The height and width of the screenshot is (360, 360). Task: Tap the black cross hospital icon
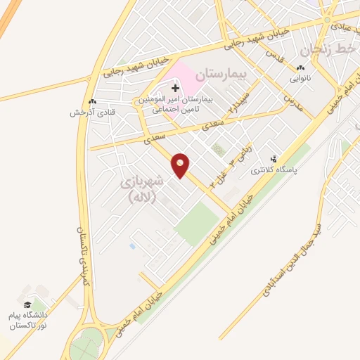(175, 89)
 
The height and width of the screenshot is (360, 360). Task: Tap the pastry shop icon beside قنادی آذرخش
(92, 101)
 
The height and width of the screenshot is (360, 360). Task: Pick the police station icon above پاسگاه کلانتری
(274, 159)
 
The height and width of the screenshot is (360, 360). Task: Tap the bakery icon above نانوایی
(300, 67)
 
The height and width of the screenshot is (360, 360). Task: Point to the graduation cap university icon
(27, 305)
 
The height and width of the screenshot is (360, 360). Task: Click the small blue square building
(132, 247)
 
